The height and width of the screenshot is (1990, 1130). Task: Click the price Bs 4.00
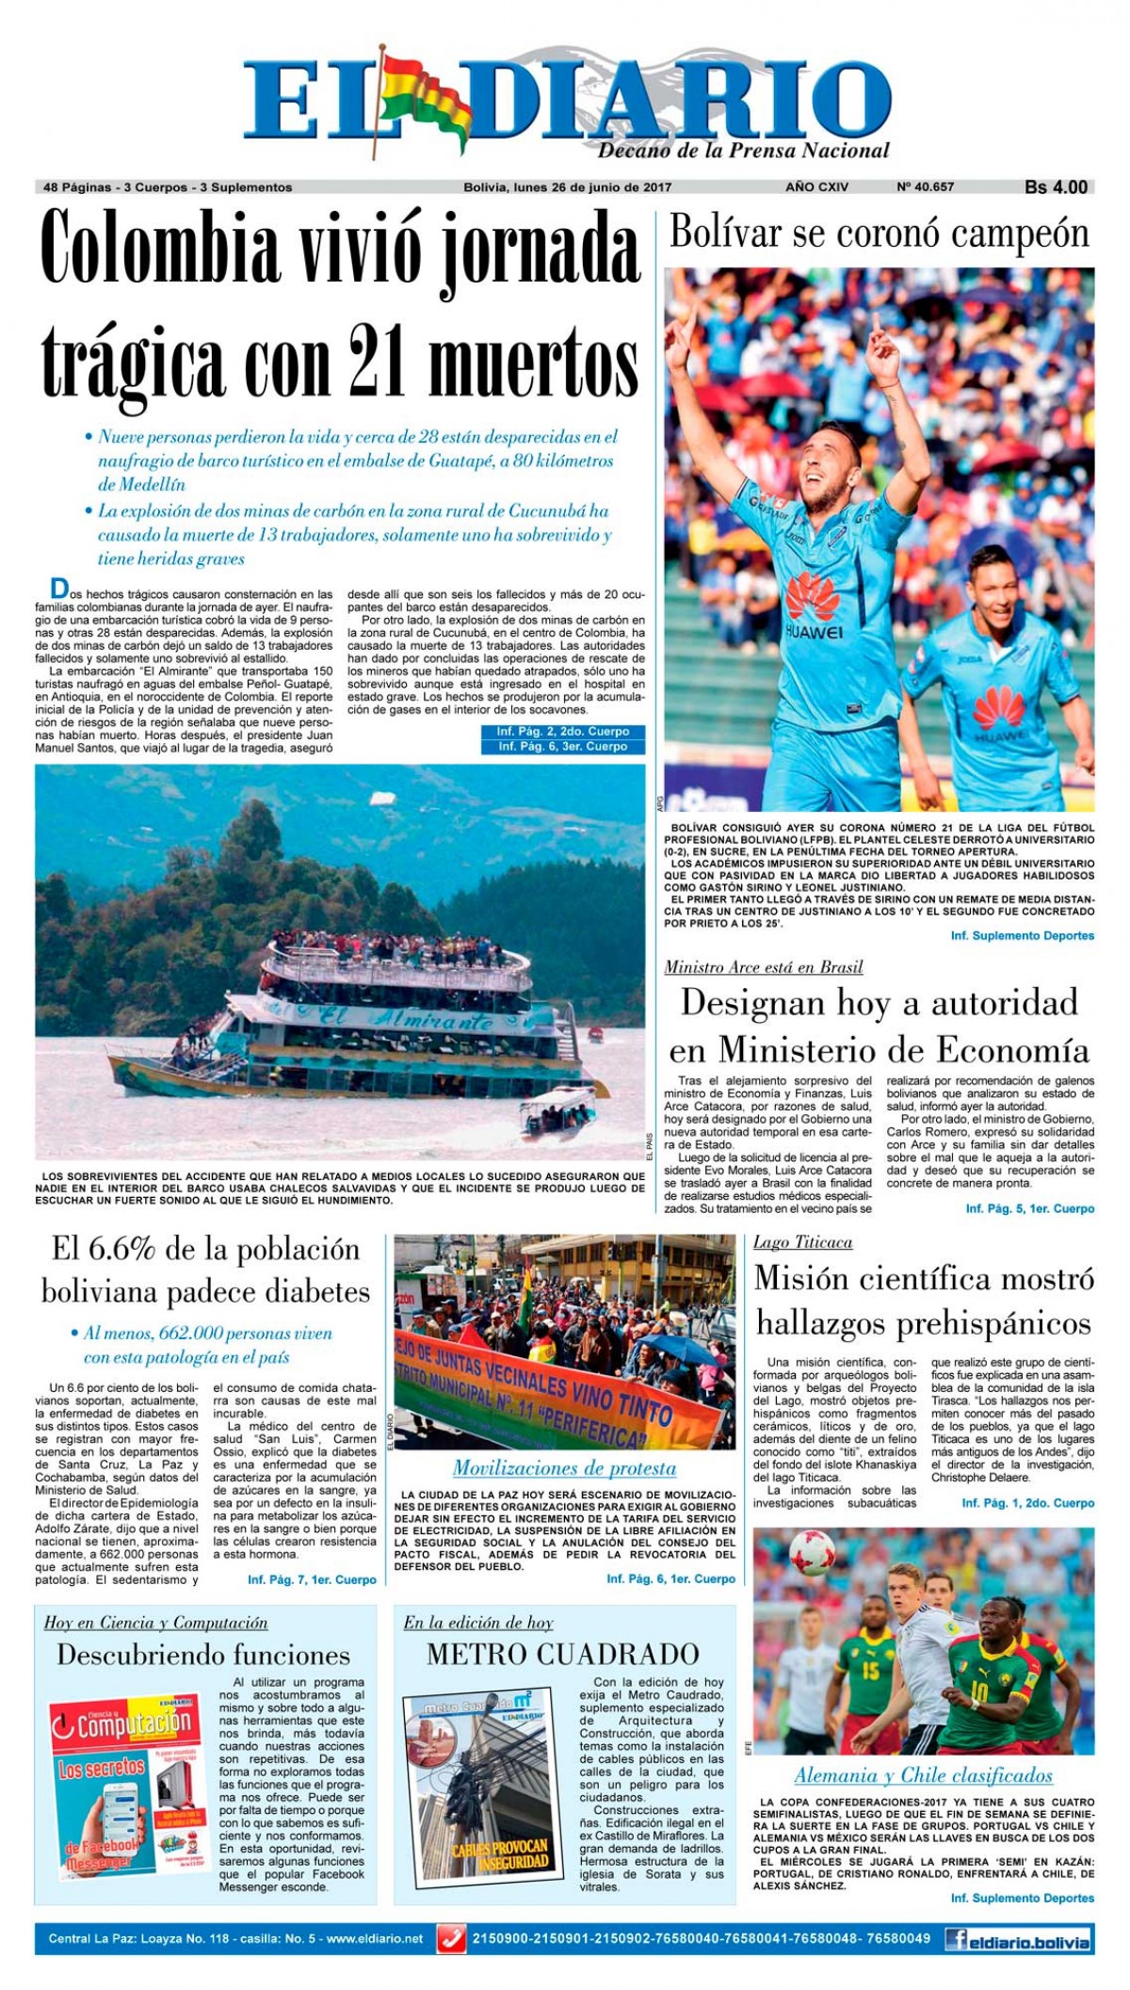(x=1056, y=187)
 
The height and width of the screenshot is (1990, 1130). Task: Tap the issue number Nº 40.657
(x=925, y=187)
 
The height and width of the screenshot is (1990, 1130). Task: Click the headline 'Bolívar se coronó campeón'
(x=879, y=233)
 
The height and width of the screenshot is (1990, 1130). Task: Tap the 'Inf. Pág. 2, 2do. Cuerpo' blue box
(x=563, y=732)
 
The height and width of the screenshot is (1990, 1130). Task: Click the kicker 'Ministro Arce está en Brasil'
(x=763, y=966)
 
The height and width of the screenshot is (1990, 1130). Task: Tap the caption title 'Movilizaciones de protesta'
(x=564, y=1467)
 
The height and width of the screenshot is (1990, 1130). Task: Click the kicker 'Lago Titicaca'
(x=802, y=1242)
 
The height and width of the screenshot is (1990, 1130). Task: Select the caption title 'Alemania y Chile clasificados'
(x=923, y=1775)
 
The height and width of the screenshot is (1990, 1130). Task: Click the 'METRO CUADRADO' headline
(x=563, y=1654)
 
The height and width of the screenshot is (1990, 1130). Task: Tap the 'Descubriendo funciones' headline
(x=203, y=1655)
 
